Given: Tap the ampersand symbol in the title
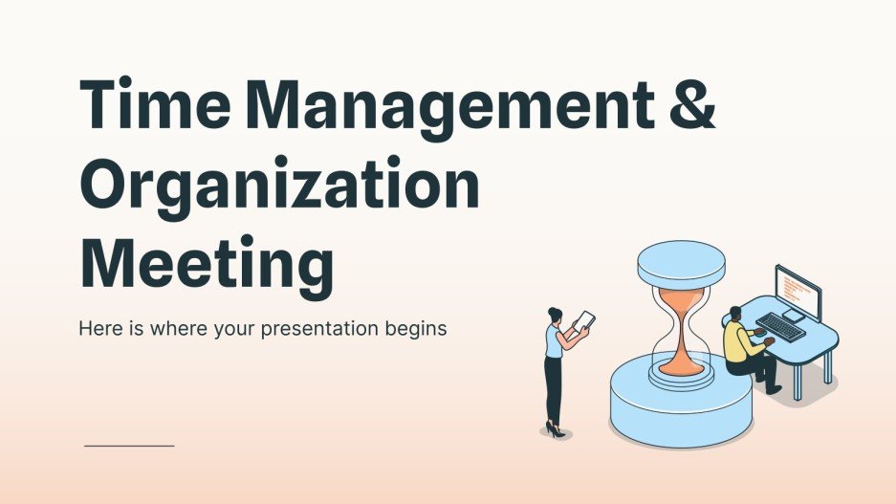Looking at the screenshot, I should [x=688, y=107].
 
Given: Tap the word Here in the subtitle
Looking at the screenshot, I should [x=98, y=329].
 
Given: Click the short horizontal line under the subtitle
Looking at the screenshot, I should [x=129, y=446].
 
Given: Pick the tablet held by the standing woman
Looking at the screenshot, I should [x=583, y=322].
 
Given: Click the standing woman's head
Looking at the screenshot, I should [x=555, y=315].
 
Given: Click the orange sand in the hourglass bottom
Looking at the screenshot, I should [x=681, y=361].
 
